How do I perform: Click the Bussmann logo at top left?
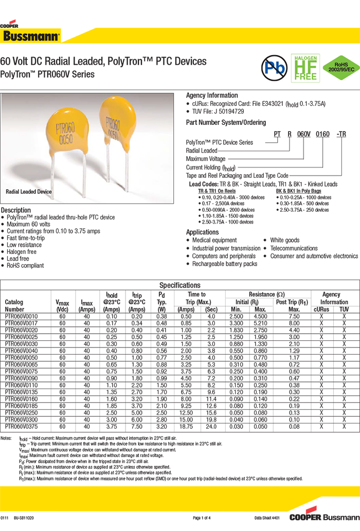pyautogui.click(x=31, y=34)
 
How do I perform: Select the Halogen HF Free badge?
pyautogui.click(x=305, y=67)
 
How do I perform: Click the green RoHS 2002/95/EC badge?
pyautogui.click(x=340, y=67)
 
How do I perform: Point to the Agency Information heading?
pyautogui.click(x=211, y=96)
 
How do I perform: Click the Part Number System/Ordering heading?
pyautogui.click(x=226, y=123)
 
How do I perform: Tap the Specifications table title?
pyautogui.click(x=179, y=285)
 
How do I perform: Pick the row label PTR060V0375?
pyautogui.click(x=21, y=426)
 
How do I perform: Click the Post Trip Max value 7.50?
pyautogui.click(x=294, y=317)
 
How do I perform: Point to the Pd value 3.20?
pyautogui.click(x=161, y=426)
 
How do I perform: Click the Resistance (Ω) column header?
pyautogui.click(x=266, y=295)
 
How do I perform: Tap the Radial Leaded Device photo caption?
pyautogui.click(x=29, y=192)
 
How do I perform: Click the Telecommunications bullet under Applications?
pyautogui.click(x=294, y=248)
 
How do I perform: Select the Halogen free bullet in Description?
pyautogui.click(x=22, y=252)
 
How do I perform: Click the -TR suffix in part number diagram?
pyautogui.click(x=340, y=134)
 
